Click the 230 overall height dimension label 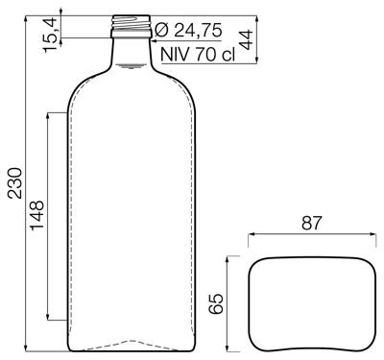point(15,183)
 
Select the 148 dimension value point(36,215)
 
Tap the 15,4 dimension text point(50,36)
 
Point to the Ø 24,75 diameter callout point(188,31)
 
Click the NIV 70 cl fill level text point(198,55)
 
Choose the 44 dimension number point(246,39)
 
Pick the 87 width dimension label point(311,223)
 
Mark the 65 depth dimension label point(216,303)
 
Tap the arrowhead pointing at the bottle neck point(154,40)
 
